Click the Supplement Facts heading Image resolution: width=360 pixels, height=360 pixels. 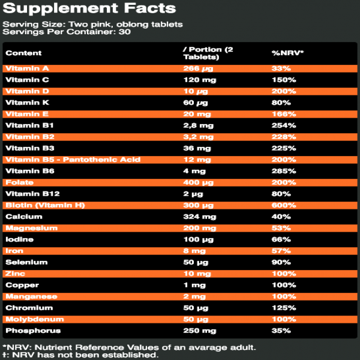pyautogui.click(x=89, y=8)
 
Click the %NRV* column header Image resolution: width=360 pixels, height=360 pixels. pyautogui.click(x=287, y=53)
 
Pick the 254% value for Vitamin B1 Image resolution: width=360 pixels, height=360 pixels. pyautogui.click(x=283, y=125)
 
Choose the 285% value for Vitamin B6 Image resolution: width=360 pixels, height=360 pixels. pyautogui.click(x=283, y=171)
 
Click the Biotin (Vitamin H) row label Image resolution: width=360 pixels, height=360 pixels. pyautogui.click(x=45, y=205)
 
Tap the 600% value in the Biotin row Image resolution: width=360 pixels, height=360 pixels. pyautogui.click(x=283, y=205)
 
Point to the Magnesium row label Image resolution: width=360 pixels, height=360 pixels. pyautogui.click(x=31, y=228)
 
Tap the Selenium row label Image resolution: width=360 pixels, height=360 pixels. pyautogui.click(x=23, y=262)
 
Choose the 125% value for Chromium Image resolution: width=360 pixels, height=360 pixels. pyautogui.click(x=283, y=308)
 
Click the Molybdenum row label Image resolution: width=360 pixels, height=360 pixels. pyautogui.click(x=34, y=319)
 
